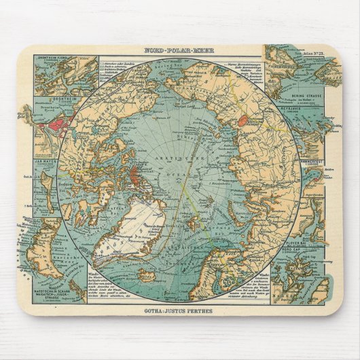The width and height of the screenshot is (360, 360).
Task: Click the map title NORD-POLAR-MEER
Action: click(180, 50)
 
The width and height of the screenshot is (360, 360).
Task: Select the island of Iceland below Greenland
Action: click(146, 274)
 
